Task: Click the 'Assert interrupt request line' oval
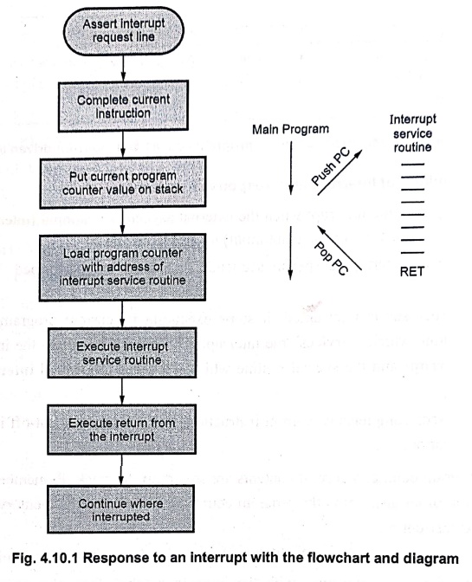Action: (124, 31)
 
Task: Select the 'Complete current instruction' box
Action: (123, 107)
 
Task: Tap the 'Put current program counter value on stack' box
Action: (123, 182)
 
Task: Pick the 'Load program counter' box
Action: (122, 267)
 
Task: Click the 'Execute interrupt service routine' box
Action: (122, 352)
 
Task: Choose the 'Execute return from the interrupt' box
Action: (122, 430)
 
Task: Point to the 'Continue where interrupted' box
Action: (121, 509)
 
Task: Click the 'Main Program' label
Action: (290, 129)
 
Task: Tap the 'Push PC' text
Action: (331, 166)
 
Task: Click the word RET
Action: (412, 272)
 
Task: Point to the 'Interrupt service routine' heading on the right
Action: (412, 133)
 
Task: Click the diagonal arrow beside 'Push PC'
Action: (339, 172)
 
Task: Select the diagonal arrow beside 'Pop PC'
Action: (339, 248)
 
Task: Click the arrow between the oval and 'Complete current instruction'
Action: (124, 68)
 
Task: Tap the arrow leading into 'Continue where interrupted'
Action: (121, 470)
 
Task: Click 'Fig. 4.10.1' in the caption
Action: (45, 558)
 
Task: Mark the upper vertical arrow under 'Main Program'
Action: (291, 168)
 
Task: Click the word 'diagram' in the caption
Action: (430, 559)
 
